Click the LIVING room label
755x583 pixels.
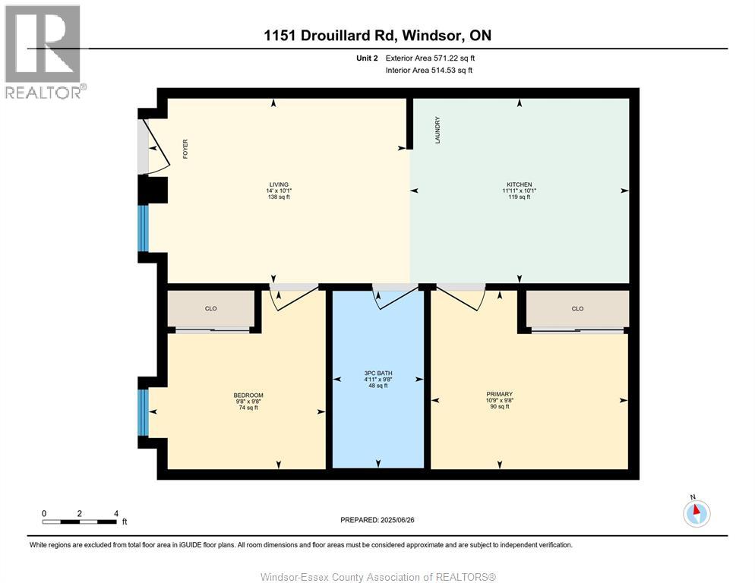(279, 184)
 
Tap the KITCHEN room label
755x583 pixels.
(519, 184)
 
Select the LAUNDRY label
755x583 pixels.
(438, 130)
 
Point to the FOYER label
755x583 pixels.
(185, 149)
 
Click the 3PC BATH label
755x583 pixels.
(378, 373)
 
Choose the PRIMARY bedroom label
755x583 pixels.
(499, 394)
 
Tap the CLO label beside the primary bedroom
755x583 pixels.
(577, 309)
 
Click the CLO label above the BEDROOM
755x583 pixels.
(210, 308)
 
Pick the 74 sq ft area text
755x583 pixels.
(248, 408)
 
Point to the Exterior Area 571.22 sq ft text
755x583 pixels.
(430, 58)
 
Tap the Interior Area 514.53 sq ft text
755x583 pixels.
(428, 71)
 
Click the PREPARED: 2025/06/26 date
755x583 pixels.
(377, 520)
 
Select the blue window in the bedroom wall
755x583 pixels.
(143, 412)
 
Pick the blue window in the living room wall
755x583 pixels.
(143, 228)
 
